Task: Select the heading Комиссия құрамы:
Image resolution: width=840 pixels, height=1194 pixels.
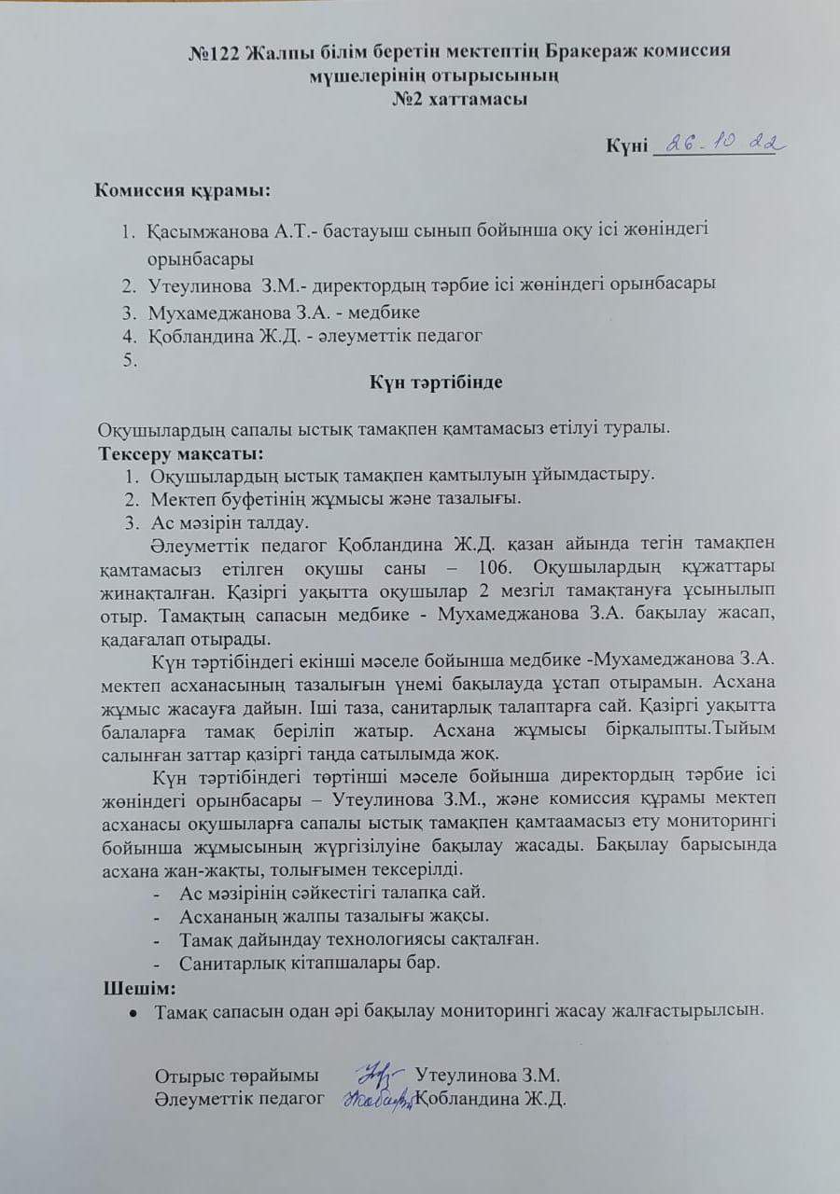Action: click(x=183, y=191)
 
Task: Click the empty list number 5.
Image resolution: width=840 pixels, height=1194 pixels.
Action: click(x=130, y=360)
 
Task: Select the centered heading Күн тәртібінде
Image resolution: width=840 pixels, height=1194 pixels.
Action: click(x=430, y=382)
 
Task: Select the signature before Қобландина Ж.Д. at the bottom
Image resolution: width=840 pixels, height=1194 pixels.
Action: click(x=377, y=1100)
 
